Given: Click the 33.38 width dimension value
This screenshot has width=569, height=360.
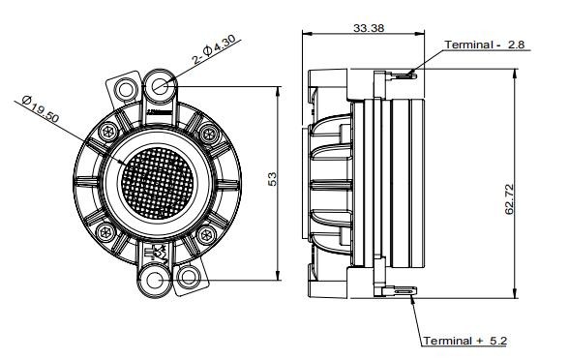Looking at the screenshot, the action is [369, 27].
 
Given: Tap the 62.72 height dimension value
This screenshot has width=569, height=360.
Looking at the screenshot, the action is [509, 199].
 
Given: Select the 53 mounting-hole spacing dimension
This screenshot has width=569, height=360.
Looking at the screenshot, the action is [272, 179].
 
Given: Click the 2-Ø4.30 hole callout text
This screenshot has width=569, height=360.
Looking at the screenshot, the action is [214, 50].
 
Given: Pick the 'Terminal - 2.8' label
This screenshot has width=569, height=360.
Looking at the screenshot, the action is [485, 45].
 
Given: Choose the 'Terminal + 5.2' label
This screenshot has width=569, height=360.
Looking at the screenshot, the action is [465, 341].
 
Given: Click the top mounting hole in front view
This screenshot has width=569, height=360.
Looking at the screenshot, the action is [160, 86].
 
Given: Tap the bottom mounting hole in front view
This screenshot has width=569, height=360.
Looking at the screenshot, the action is [156, 281].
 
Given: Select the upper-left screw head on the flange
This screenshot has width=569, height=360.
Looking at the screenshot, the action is [108, 132].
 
